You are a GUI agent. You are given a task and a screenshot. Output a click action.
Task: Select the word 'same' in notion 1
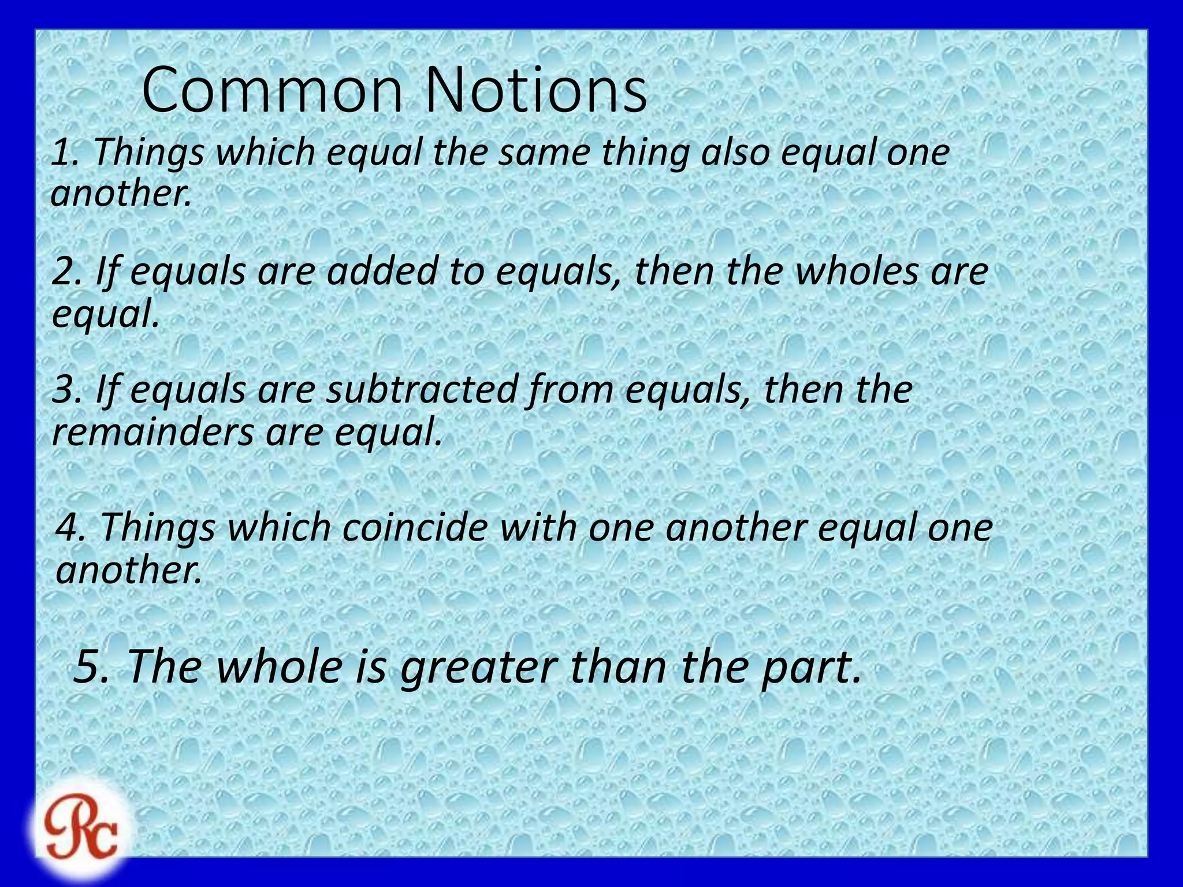point(544,154)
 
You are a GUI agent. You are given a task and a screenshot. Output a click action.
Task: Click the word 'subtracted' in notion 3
point(421,390)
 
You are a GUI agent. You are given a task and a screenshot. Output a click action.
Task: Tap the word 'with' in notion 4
point(537,528)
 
